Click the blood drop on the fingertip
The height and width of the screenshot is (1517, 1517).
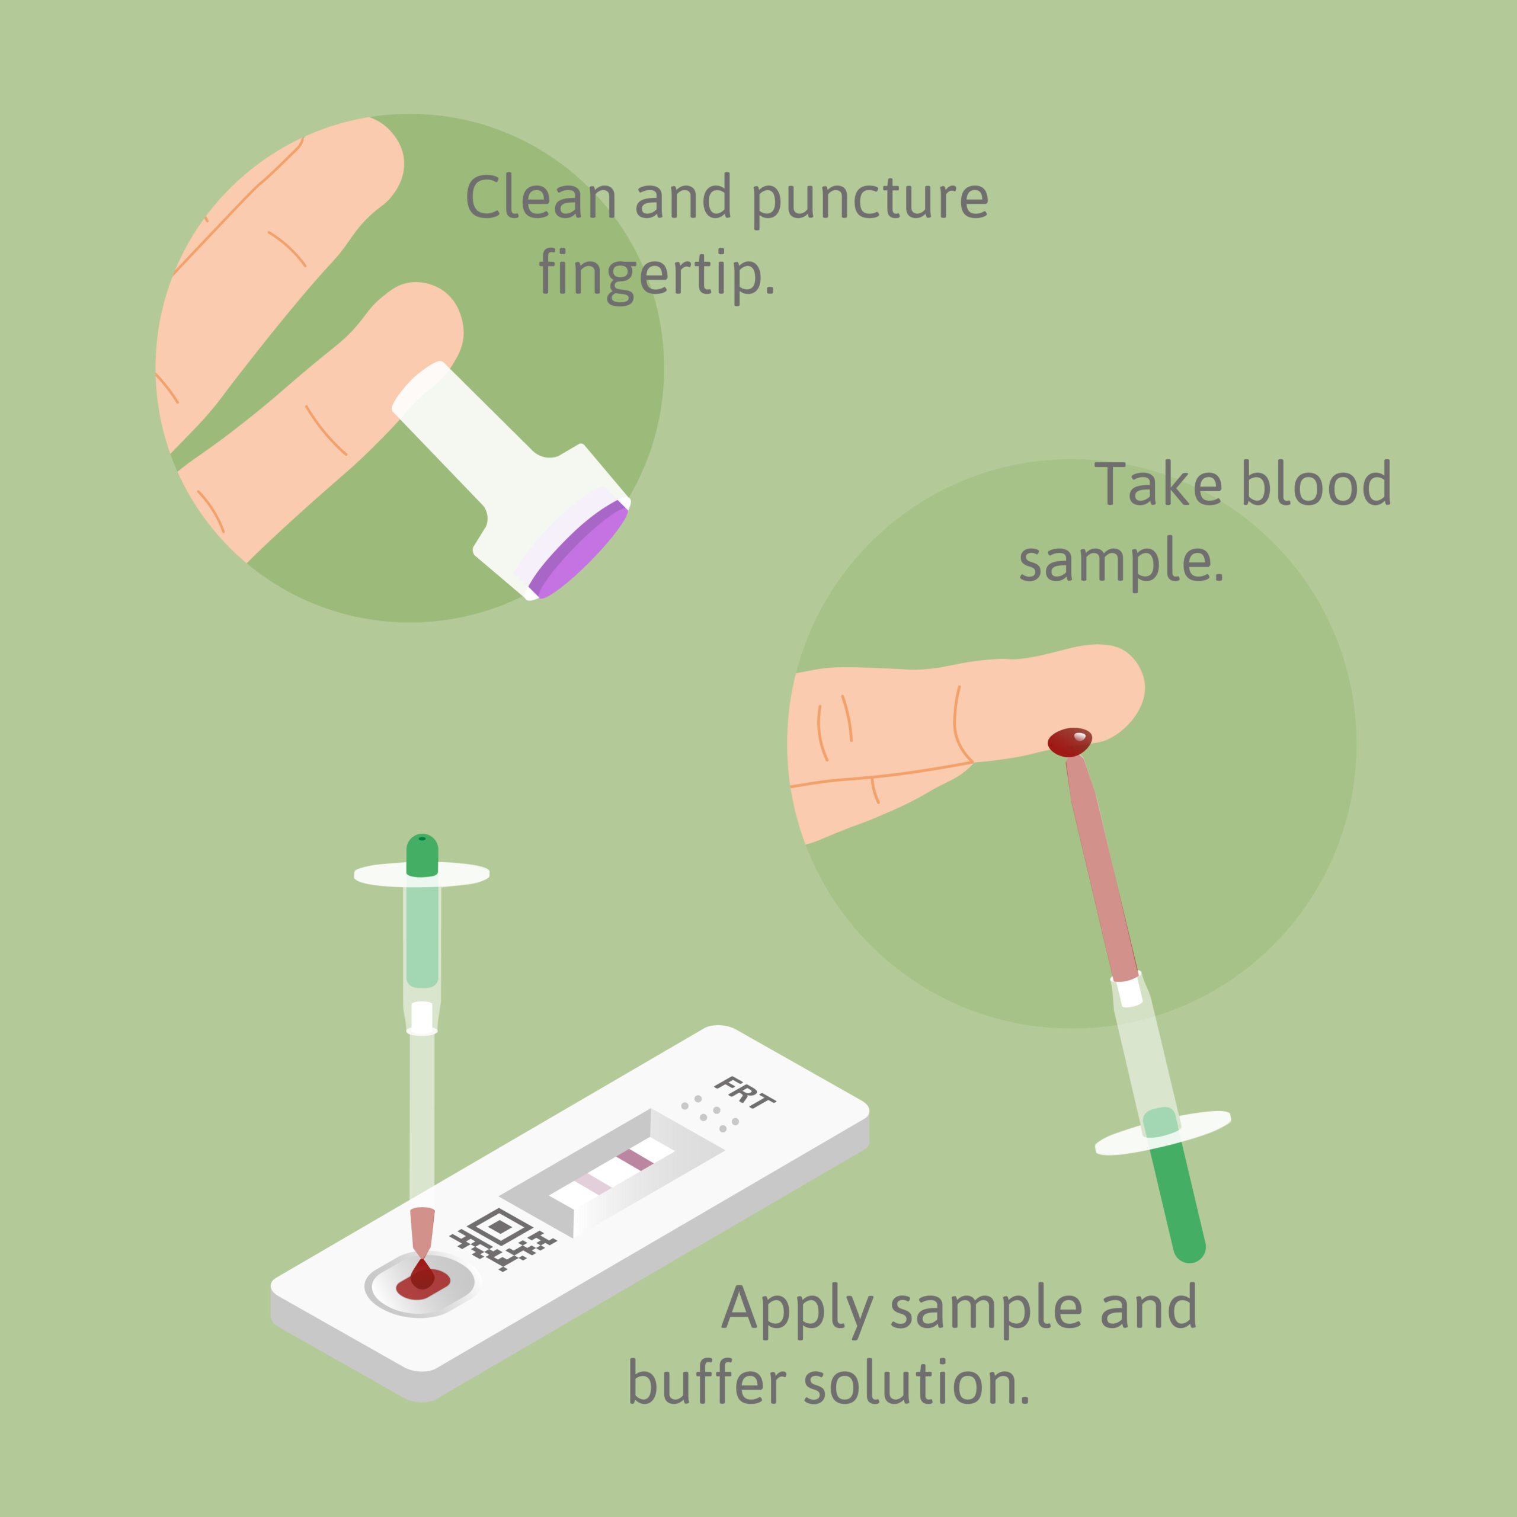pos(1070,741)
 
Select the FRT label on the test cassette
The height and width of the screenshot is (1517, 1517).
pos(744,1093)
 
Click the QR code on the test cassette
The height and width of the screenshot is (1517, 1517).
pos(503,1237)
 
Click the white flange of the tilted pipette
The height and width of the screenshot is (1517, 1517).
pos(1163,1133)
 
